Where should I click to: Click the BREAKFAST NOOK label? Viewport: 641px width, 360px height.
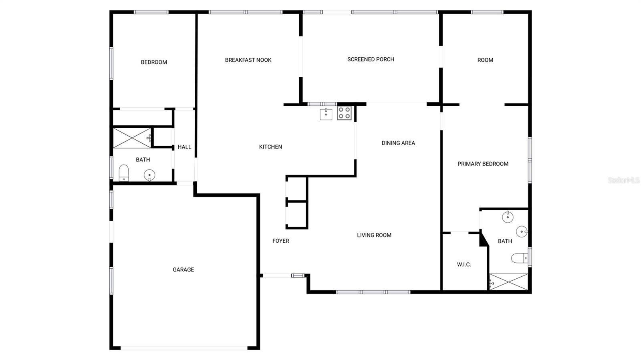[x=248, y=60]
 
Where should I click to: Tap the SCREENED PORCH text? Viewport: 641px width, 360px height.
[x=371, y=59]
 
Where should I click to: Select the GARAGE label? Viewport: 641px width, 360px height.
[x=183, y=269]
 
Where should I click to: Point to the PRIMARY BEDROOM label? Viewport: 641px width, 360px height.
[x=483, y=164]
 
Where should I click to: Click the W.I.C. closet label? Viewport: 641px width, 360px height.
[x=464, y=265]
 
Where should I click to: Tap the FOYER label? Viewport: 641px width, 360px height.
[x=280, y=241]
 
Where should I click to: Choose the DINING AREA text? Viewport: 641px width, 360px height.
[x=398, y=143]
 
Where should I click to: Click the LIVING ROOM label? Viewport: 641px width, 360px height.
[x=374, y=235]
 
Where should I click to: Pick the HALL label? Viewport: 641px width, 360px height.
[x=184, y=147]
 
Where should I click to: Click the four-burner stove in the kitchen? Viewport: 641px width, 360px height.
[x=344, y=113]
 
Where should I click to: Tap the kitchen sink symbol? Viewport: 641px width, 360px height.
[x=326, y=114]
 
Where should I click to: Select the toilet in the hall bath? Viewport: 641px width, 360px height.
[x=124, y=173]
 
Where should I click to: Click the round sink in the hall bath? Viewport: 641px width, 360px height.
[x=149, y=175]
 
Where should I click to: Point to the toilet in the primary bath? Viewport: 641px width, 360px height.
[x=520, y=258]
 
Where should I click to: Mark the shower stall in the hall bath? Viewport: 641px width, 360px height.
[x=132, y=137]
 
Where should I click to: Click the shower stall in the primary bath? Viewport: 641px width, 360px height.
[x=508, y=282]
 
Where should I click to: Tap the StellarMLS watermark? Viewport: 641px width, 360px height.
[x=623, y=180]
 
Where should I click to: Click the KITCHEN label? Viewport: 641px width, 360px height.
[x=270, y=147]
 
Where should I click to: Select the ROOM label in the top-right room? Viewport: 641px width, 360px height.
[x=485, y=60]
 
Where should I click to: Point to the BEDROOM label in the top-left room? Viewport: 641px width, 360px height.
[x=154, y=62]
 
